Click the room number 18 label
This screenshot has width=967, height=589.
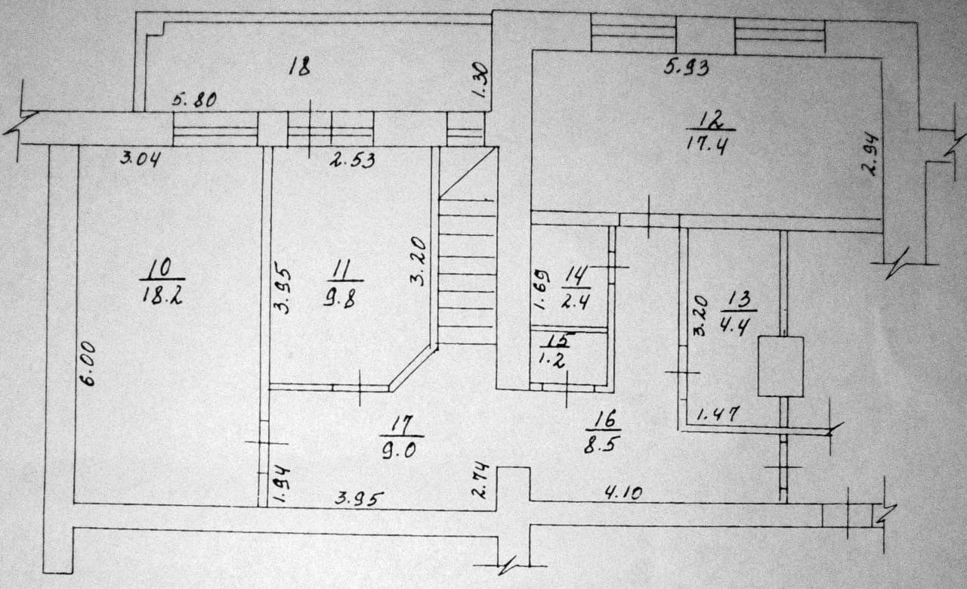tap(300, 67)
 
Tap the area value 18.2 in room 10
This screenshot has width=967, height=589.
tap(161, 294)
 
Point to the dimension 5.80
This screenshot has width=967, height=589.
tap(194, 98)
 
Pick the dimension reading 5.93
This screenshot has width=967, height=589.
tap(686, 67)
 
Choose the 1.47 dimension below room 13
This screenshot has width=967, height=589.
tap(717, 414)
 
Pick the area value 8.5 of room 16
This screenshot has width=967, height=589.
tap(602, 445)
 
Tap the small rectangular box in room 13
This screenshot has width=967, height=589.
tap(780, 367)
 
